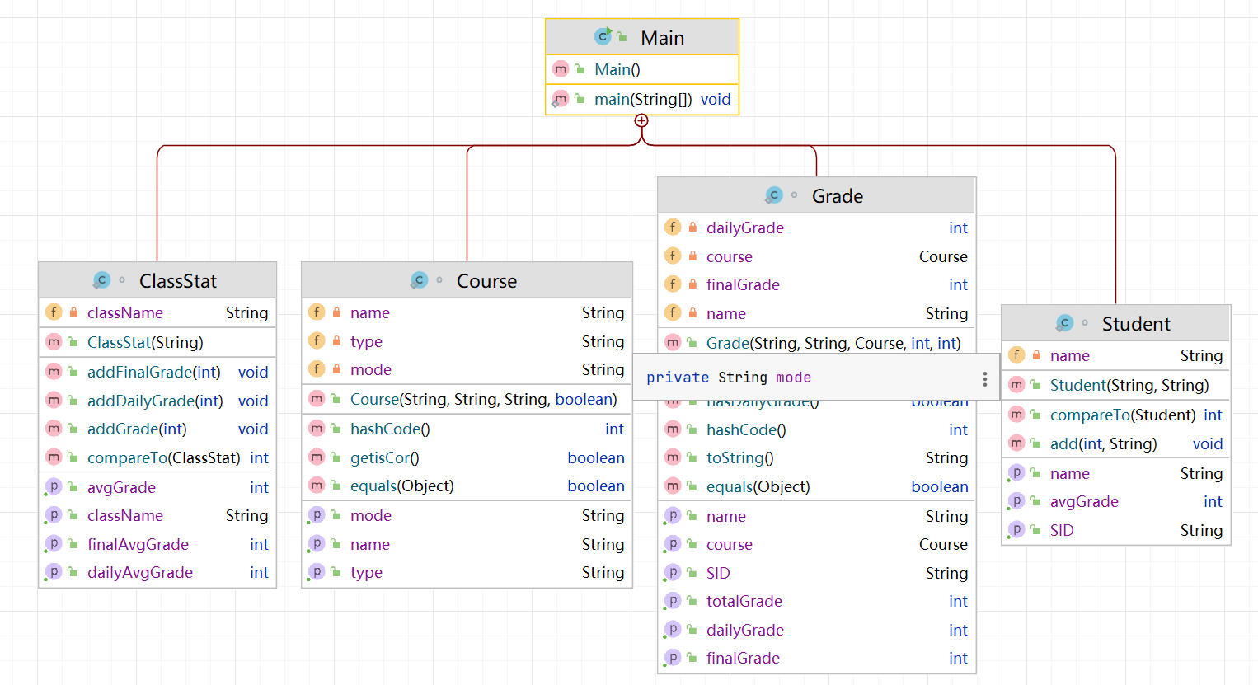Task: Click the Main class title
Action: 662,38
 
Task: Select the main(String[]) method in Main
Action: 643,100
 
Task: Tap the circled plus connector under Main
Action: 641,121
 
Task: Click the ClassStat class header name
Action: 177,281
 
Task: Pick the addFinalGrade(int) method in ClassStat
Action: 154,372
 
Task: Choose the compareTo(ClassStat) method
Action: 164,457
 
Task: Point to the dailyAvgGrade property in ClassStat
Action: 140,572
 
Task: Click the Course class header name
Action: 486,281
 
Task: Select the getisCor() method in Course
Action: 385,457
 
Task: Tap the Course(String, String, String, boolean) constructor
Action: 483,399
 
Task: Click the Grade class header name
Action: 837,196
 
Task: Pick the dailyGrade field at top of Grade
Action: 745,228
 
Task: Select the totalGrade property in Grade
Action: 744,601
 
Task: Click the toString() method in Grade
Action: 739,457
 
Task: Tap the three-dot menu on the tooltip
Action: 984,378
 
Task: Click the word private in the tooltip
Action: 678,378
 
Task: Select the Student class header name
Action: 1135,324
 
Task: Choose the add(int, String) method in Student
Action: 1103,443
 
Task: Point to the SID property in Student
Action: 1062,530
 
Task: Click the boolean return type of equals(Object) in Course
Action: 595,486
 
